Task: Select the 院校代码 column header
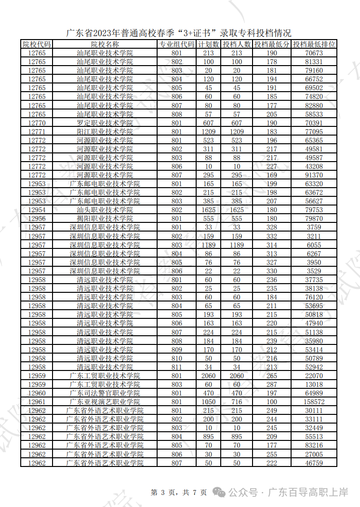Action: [x=37, y=44]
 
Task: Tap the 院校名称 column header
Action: [x=105, y=44]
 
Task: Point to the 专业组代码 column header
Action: [x=176, y=44]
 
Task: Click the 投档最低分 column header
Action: [x=272, y=44]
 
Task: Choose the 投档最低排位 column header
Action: [x=314, y=44]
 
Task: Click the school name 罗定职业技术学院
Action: [x=105, y=123]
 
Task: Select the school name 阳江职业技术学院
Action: [x=105, y=132]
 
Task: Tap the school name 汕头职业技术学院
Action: [x=105, y=210]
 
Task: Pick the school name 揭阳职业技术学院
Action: [x=105, y=219]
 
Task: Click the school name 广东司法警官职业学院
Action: [x=105, y=394]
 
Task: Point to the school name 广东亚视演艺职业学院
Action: [x=105, y=402]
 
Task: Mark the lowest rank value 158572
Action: [x=314, y=402]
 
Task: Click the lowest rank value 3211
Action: [x=314, y=236]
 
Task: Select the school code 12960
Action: [x=37, y=394]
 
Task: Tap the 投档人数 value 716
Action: [x=237, y=402]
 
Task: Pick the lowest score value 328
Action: [x=272, y=228]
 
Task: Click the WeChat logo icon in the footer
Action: [x=220, y=493]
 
